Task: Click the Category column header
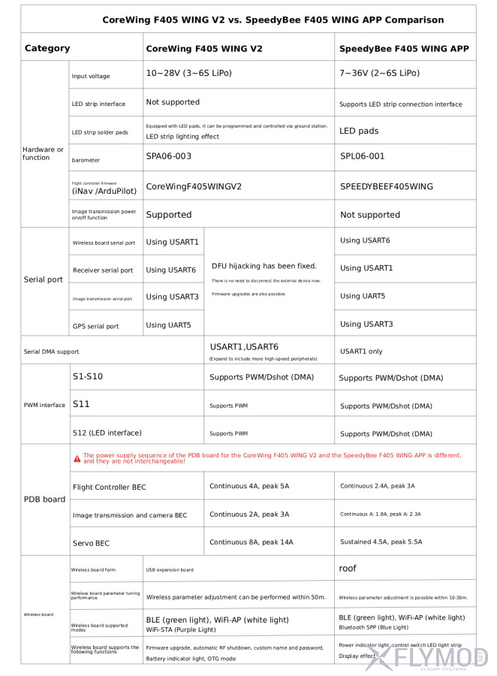(x=47, y=48)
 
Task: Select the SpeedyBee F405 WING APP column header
(x=404, y=48)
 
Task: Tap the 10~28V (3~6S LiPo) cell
(x=188, y=73)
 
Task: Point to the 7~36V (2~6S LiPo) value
(x=379, y=73)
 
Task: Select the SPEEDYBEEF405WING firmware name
(x=387, y=186)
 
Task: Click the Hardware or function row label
(x=43, y=153)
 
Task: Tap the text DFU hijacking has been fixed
(x=264, y=266)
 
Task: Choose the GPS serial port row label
(x=95, y=327)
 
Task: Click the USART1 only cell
(x=361, y=351)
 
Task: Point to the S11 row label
(x=81, y=404)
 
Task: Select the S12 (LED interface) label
(x=107, y=433)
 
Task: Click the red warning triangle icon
(x=77, y=458)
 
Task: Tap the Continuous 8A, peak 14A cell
(x=251, y=542)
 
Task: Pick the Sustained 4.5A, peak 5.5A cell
(x=381, y=542)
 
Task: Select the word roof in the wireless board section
(x=348, y=569)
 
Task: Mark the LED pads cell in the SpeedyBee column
(x=359, y=131)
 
